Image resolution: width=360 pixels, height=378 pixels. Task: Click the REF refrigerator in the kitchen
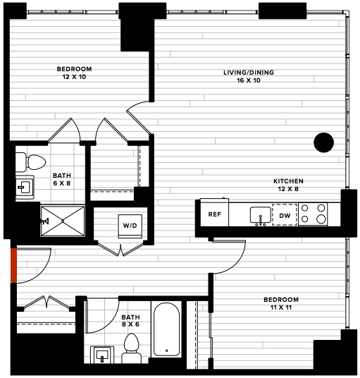tap(214, 212)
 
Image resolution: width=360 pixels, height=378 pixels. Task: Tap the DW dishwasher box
tap(285, 215)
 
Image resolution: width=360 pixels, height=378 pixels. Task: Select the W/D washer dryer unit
tap(130, 226)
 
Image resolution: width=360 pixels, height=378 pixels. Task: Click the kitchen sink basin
tap(260, 214)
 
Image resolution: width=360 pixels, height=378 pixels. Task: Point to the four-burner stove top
tap(313, 214)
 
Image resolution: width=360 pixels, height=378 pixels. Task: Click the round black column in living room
tap(323, 142)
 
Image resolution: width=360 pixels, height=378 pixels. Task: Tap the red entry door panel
tap(13, 265)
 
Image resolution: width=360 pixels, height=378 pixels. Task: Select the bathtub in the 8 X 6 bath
tap(167, 329)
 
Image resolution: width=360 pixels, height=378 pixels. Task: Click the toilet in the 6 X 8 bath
tap(30, 162)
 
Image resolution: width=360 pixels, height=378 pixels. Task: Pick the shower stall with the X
tap(63, 221)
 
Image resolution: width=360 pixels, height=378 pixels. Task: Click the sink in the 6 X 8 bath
tap(25, 188)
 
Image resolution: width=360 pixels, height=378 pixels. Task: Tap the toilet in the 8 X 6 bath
tap(132, 348)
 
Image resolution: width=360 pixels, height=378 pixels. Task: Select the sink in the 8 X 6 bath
tap(102, 355)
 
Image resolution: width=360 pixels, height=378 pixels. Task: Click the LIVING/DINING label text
tap(249, 73)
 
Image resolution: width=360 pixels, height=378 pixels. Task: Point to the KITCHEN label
tap(288, 181)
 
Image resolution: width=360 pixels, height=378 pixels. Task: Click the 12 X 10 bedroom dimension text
tap(74, 77)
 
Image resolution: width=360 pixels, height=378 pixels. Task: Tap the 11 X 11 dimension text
tap(281, 307)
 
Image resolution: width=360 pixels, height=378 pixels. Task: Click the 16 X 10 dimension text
tap(249, 80)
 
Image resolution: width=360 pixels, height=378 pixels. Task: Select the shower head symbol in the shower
tap(45, 221)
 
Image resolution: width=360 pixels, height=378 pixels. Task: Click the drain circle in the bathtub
tap(167, 350)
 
